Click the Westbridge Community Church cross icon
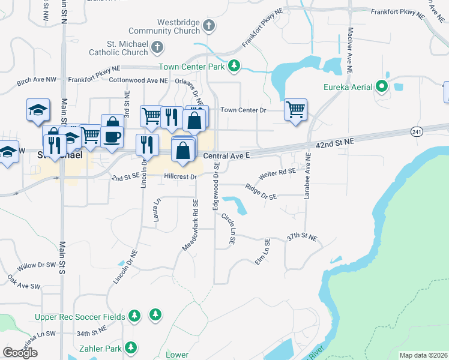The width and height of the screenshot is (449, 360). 208,25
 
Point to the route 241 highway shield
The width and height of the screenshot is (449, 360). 417,131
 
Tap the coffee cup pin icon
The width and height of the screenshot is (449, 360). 112,137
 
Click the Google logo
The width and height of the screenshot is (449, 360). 20,353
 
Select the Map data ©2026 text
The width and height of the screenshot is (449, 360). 423,355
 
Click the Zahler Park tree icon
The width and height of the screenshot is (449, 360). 130,347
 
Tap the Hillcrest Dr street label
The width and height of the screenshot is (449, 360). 180,177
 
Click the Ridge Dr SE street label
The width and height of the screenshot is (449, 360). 261,192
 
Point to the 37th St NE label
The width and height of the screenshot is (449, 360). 301,238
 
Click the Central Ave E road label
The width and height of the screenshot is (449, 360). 226,155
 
